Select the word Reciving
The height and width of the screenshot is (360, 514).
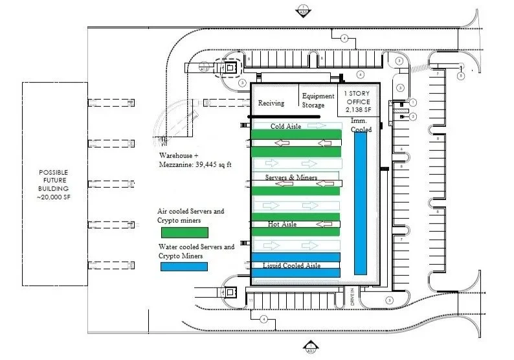pos(271,104)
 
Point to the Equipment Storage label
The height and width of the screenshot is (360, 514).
pos(318,100)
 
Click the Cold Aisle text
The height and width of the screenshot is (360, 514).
pos(286,126)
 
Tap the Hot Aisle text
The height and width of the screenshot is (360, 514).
pos(282,224)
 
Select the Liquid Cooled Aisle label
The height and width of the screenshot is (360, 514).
pos(292,265)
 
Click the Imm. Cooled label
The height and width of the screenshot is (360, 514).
pos(361,126)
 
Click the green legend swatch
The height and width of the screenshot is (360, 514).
pos(183,232)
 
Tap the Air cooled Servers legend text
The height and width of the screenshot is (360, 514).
pos(192,215)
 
